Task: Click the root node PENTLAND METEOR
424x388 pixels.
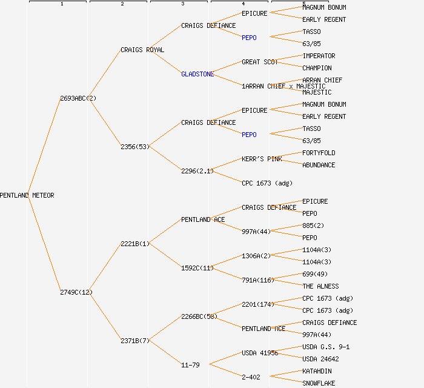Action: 27,195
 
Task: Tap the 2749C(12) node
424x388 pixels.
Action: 76,292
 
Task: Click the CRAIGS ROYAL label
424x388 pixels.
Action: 142,50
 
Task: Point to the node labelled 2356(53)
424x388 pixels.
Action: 135,147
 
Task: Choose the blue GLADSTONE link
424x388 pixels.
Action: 197,74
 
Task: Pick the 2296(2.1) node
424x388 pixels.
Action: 197,171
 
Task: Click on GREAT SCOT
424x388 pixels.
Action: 260,62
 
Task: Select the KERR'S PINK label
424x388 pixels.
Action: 262,159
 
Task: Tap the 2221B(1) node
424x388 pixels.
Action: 135,244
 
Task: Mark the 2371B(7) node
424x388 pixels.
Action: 135,341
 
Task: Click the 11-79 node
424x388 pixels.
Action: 190,365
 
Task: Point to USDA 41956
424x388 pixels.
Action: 260,353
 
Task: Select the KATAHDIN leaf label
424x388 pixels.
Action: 317,371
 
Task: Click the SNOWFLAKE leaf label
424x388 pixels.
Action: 319,383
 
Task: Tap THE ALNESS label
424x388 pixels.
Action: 320,286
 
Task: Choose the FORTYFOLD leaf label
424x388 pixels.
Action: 319,153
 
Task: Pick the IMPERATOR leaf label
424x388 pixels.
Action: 319,56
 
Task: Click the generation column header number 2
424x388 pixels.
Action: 122,4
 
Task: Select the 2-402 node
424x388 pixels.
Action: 251,377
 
